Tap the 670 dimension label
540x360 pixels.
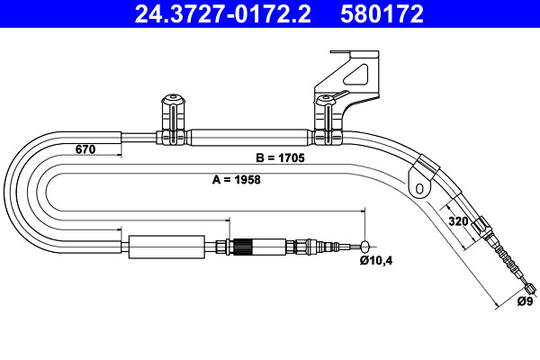(x=85, y=150)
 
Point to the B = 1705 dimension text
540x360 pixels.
(x=280, y=158)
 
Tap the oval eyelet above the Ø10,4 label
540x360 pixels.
(x=364, y=246)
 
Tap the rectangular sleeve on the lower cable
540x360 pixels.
(x=157, y=246)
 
